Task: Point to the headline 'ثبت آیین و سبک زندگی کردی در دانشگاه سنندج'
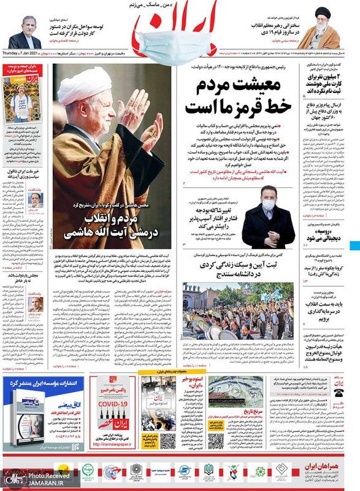point(238,266)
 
